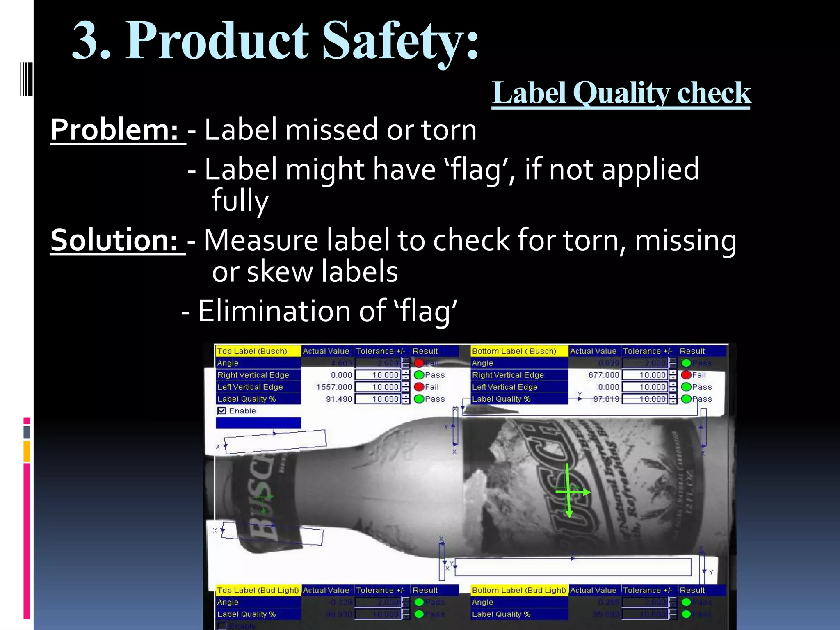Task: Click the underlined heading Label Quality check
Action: [x=621, y=93]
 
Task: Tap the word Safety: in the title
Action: [x=400, y=41]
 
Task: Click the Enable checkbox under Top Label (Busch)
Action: [x=222, y=411]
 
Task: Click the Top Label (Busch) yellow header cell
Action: [x=258, y=351]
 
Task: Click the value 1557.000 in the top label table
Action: [x=334, y=387]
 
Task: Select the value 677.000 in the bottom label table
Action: [x=603, y=375]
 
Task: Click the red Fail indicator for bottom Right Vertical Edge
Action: [x=686, y=375]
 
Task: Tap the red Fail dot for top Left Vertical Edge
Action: [x=419, y=387]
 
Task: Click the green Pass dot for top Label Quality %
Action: [x=419, y=399]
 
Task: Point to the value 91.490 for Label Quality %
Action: [x=339, y=399]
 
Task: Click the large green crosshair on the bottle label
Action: [x=569, y=491]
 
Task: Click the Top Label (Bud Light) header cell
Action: [x=258, y=590]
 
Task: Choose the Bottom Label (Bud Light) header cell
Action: [x=519, y=590]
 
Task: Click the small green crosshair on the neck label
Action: [x=263, y=498]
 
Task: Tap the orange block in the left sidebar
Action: [x=27, y=451]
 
